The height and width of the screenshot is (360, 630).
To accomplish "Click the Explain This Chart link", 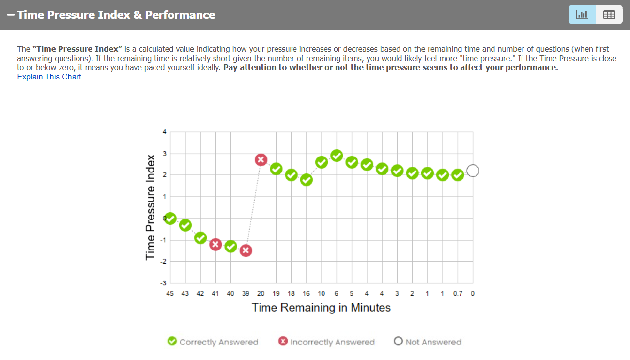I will [x=49, y=77].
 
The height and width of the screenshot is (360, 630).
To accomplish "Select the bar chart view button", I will [x=582, y=15].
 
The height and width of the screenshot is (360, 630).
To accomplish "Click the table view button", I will [x=609, y=15].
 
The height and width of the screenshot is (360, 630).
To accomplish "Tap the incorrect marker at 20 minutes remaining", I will [x=261, y=160].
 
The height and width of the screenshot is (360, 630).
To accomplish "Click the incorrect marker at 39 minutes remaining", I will [x=246, y=250].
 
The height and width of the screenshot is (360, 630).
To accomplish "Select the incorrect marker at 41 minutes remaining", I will [x=216, y=244].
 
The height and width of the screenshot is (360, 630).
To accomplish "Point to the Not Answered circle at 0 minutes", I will [x=473, y=171].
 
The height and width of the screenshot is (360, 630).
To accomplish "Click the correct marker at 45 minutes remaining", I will [x=170, y=219].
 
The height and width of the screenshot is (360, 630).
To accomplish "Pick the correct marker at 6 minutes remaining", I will [x=337, y=156].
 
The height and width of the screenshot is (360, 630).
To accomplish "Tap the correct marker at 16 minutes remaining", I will [x=307, y=180].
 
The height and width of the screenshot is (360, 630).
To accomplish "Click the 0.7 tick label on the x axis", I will [x=458, y=293].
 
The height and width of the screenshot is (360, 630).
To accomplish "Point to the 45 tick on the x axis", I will [x=170, y=293].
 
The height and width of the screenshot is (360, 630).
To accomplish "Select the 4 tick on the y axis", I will [x=164, y=132].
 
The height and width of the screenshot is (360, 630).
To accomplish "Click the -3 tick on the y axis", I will [x=163, y=283].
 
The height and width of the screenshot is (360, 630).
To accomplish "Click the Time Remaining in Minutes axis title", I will [x=321, y=308].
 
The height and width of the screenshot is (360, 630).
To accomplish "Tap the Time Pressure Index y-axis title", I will [x=150, y=207].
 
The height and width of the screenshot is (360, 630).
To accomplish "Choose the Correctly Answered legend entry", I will [x=213, y=342].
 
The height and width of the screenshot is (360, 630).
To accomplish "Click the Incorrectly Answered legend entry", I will [x=327, y=342].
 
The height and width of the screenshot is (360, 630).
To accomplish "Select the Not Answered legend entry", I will [x=428, y=342].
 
